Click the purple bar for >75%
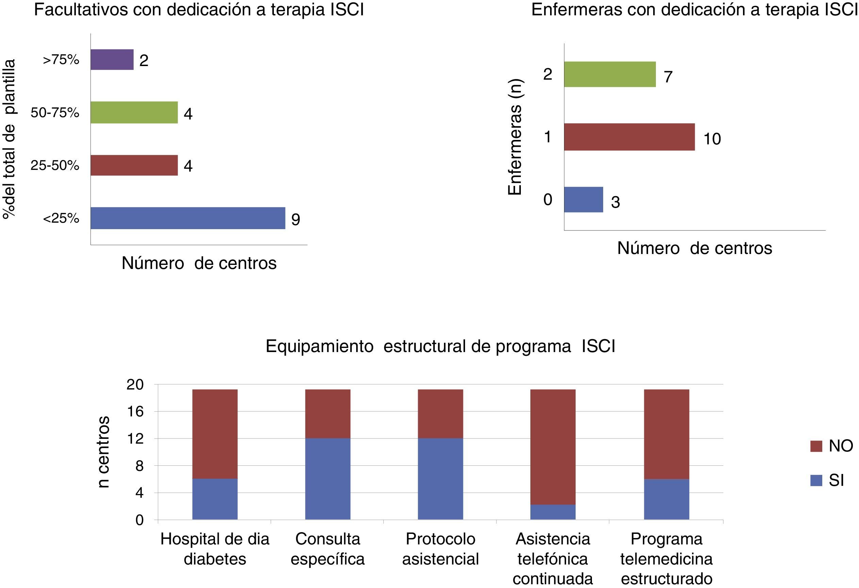pyautogui.click(x=112, y=60)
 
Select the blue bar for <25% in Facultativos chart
pyautogui.click(x=188, y=218)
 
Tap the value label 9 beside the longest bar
pyautogui.click(x=296, y=220)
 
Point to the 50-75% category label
pyautogui.click(x=55, y=112)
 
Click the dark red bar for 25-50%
pyautogui.click(x=134, y=165)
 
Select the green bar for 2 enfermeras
pyautogui.click(x=610, y=74)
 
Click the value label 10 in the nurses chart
pyautogui.click(x=712, y=139)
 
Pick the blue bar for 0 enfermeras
pyautogui.click(x=583, y=200)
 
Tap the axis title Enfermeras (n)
pyautogui.click(x=514, y=137)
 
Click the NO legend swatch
pyautogui.click(x=816, y=446)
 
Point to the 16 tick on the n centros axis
pyautogui.click(x=135, y=412)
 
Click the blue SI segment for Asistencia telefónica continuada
pyautogui.click(x=552, y=512)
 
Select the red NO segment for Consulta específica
pyautogui.click(x=328, y=414)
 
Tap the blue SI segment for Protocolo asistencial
pyautogui.click(x=440, y=479)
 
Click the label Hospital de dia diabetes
pyautogui.click(x=215, y=549)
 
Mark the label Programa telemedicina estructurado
pyautogui.click(x=666, y=559)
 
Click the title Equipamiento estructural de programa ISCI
pyautogui.click(x=440, y=347)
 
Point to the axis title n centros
pyautogui.click(x=104, y=452)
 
